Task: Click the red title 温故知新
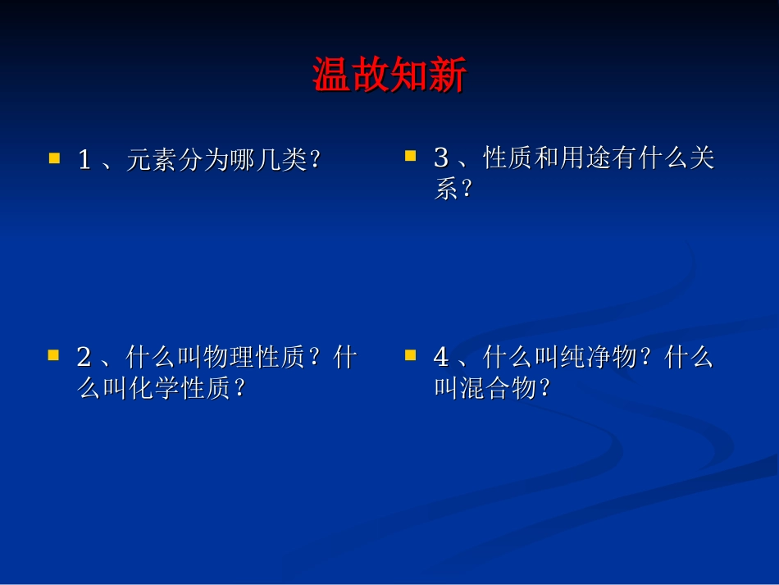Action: click(x=389, y=76)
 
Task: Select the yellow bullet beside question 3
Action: click(x=411, y=153)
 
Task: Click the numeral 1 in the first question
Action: click(x=84, y=160)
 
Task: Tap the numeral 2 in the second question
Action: click(x=84, y=359)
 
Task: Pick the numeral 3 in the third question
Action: click(x=441, y=158)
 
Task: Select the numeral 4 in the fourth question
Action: click(x=441, y=359)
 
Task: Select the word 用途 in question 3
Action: click(x=585, y=158)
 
